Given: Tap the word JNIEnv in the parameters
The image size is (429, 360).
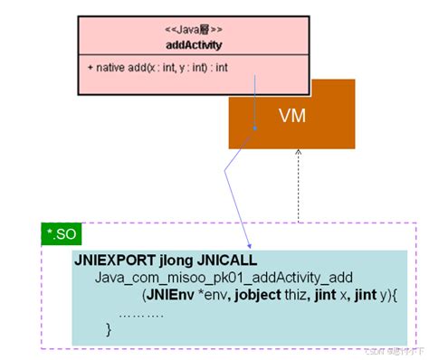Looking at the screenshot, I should point(169,295).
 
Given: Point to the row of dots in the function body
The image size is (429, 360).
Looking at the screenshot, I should point(141,313).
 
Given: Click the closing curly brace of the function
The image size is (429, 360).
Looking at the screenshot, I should point(109,330).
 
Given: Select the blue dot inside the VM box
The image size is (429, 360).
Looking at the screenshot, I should point(255,128).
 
